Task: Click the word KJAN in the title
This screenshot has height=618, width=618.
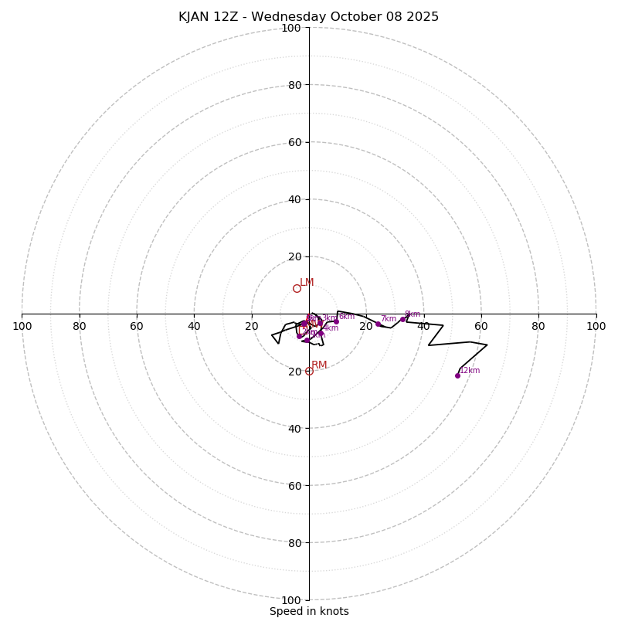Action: (194, 17)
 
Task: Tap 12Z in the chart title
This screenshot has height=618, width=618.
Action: (230, 17)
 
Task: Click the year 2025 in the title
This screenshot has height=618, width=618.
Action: (422, 17)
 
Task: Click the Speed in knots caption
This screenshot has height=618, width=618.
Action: (309, 611)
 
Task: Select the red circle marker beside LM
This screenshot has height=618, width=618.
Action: (297, 288)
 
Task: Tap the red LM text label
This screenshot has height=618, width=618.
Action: (307, 283)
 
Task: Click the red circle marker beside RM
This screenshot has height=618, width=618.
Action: (309, 371)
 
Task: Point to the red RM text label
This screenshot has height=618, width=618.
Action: (319, 365)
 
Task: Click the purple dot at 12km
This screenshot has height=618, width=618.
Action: (457, 375)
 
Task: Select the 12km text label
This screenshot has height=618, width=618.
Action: (470, 371)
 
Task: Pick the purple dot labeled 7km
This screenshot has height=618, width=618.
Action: (378, 324)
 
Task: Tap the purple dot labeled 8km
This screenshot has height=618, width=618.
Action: (402, 319)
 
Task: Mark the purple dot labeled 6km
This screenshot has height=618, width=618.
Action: (336, 321)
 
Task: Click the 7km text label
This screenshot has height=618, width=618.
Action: (388, 319)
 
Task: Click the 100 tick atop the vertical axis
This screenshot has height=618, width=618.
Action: (291, 28)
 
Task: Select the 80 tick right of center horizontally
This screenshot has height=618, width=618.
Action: (538, 326)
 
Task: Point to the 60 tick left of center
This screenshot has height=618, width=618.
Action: (137, 326)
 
